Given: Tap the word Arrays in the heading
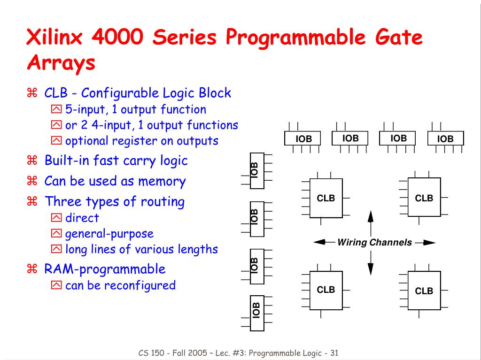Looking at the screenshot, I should point(61,63).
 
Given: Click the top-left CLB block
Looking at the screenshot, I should point(326,198).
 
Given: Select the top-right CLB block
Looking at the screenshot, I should point(424,198).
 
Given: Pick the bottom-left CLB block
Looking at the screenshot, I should point(326,290).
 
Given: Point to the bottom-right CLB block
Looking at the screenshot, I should point(424,291).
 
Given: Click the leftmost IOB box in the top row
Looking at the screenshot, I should point(303,139).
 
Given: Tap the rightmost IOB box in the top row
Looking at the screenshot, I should point(445,139).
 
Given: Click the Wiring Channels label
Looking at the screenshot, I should point(374,243).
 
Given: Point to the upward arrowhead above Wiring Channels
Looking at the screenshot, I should point(370,217).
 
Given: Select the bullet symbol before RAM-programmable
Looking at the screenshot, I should point(32,269).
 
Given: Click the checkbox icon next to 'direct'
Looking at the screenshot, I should point(56,218).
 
